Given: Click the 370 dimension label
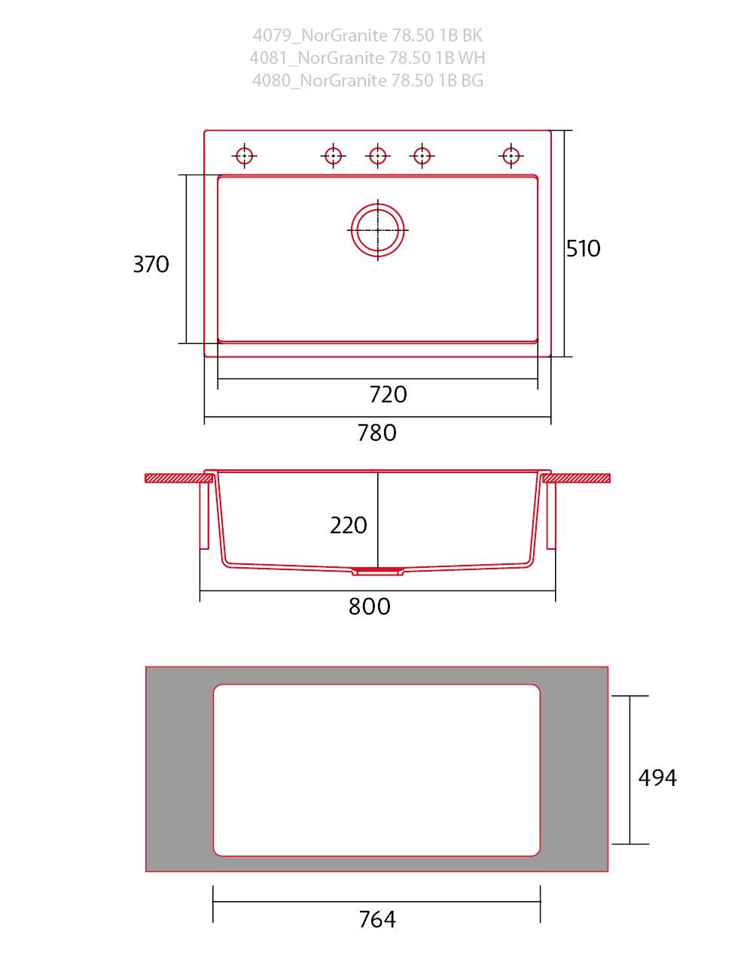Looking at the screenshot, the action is [151, 264].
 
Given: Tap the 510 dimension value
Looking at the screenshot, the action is [583, 248].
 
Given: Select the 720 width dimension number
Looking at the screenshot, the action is [388, 394].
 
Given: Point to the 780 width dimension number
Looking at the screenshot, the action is [376, 432].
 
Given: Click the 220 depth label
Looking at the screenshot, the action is [349, 525].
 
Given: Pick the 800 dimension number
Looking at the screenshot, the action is [369, 606].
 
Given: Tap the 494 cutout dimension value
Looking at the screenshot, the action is [657, 778].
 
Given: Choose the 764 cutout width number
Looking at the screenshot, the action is [377, 919].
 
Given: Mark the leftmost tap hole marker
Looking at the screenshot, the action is [244, 156].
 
